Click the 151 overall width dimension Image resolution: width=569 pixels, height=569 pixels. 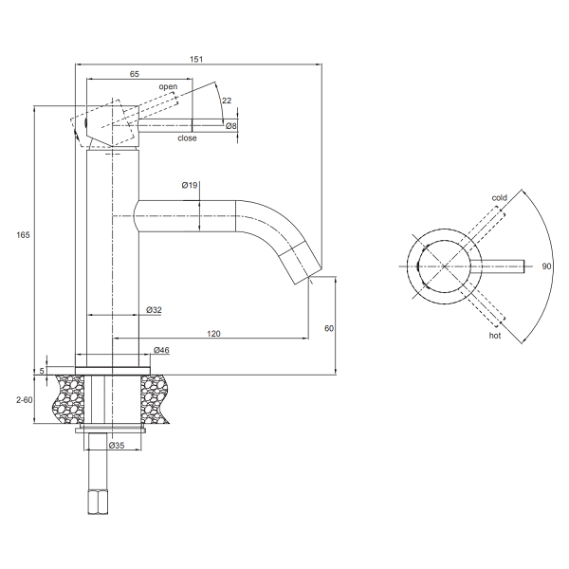tap(196, 59)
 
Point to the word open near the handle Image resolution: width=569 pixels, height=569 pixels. tap(168, 87)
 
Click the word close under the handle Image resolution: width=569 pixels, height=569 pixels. tap(187, 138)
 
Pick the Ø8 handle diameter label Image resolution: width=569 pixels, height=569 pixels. tap(230, 126)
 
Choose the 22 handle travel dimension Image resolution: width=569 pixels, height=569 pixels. tap(226, 100)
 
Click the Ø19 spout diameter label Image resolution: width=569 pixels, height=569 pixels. tap(190, 186)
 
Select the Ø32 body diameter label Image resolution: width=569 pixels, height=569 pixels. tap(155, 310)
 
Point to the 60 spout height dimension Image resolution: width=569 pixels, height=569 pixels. tap(329, 328)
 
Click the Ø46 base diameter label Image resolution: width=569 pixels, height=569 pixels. tap(161, 351)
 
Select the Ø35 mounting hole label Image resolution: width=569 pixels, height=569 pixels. tap(117, 445)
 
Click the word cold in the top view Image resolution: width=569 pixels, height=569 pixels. tap(499, 198)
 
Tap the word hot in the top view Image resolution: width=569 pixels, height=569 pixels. tap(494, 336)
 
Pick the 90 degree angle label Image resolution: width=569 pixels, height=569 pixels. tap(546, 267)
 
